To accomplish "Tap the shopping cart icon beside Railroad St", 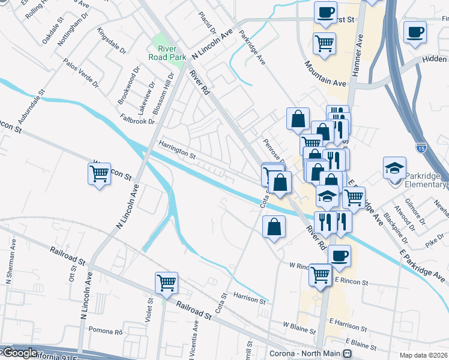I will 166,283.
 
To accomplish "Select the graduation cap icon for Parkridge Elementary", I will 396,167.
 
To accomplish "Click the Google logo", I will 19,353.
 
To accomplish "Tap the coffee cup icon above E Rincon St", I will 339,255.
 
